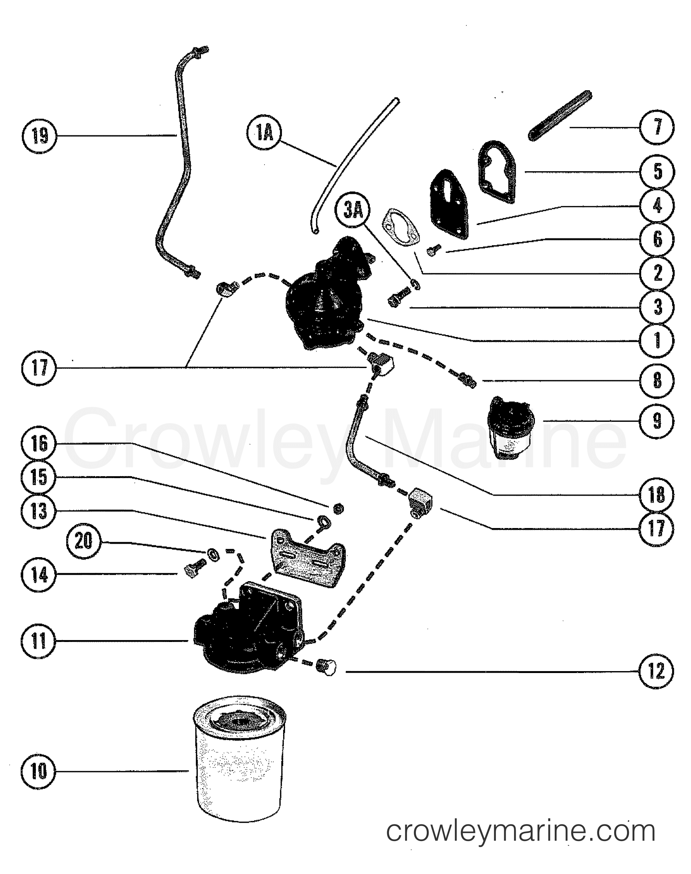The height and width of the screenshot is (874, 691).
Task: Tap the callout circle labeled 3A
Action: [x=353, y=210]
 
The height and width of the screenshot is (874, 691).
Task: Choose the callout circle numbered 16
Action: [x=39, y=444]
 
